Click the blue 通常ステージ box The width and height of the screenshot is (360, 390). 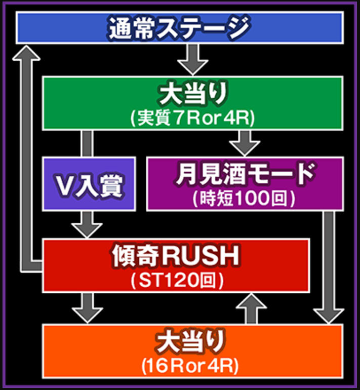pos(180,28)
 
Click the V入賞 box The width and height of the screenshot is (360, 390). pos(89,184)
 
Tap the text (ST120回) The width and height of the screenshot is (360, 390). pos(175,280)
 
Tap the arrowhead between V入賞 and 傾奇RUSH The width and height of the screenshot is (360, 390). pos(87,228)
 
